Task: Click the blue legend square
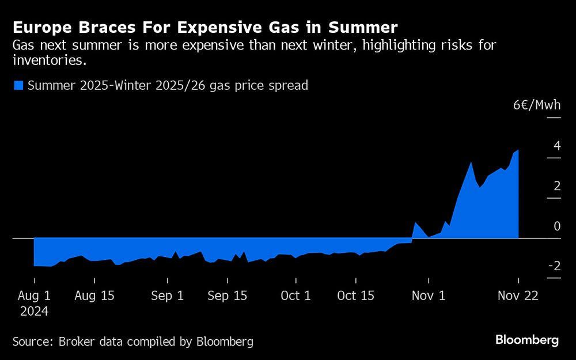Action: click(18, 86)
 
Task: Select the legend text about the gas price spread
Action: click(168, 86)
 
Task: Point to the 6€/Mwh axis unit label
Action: click(537, 105)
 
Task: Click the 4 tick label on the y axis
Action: click(556, 146)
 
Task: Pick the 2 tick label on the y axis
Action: click(556, 186)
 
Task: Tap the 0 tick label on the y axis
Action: click(556, 226)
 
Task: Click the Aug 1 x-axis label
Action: click(34, 296)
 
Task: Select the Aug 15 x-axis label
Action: click(95, 296)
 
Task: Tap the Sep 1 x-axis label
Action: click(167, 296)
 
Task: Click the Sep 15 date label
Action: click(227, 296)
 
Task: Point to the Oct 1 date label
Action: click(295, 296)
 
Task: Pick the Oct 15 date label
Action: click(355, 296)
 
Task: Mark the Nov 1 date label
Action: click(429, 296)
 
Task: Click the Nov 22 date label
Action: click(518, 296)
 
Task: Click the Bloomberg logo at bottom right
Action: click(526, 340)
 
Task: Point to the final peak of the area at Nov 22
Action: click(518, 150)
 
